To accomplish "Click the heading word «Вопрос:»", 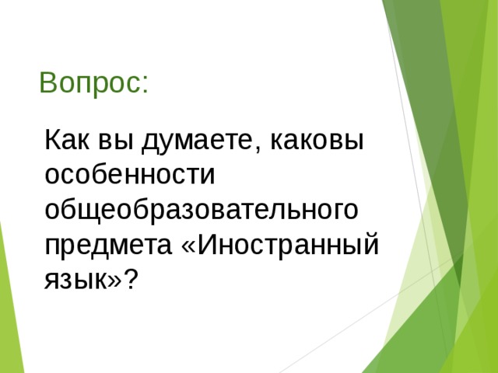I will (x=94, y=83).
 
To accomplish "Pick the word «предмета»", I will (x=108, y=245).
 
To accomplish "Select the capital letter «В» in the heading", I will (x=47, y=83).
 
